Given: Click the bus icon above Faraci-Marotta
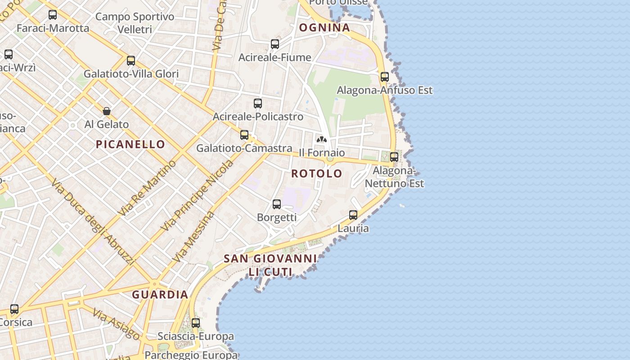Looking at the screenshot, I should tap(53, 15).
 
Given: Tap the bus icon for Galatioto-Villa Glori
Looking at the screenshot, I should tap(131, 61).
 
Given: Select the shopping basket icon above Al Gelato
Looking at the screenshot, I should tap(107, 111).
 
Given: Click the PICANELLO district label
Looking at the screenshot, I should tap(130, 144).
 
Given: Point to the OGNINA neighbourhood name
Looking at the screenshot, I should tap(324, 28).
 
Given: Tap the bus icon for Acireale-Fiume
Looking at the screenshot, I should tap(275, 44).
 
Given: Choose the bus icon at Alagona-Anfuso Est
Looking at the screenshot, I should tap(385, 77).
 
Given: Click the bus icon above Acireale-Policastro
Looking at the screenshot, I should tap(258, 103).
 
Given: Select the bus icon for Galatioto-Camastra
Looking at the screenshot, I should tap(244, 135).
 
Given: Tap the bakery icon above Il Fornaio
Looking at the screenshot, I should tap(322, 139).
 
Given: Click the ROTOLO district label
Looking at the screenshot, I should tap(317, 174).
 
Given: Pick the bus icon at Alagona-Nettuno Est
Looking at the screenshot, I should tap(394, 157).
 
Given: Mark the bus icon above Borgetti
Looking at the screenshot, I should tap(277, 204).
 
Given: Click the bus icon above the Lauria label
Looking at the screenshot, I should tap(353, 215).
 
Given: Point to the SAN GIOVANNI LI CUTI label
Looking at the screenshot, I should tap(270, 265).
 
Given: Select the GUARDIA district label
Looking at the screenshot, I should tap(160, 295).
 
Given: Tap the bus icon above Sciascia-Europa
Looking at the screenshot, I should tap(196, 323).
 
